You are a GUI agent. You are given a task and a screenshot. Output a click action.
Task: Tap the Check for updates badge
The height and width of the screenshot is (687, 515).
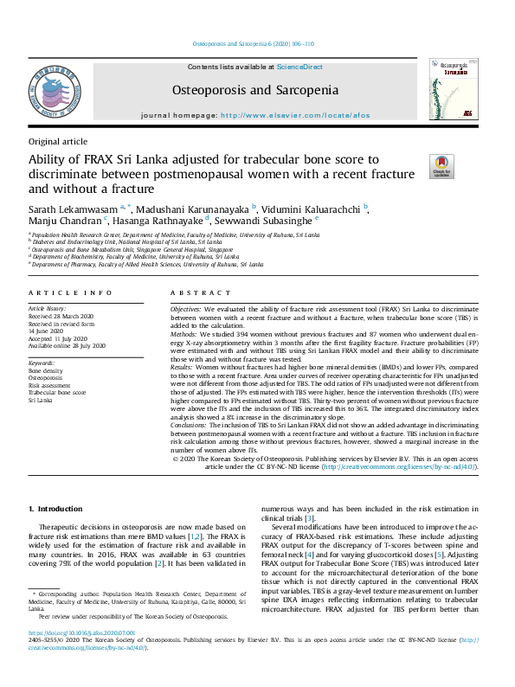(442, 166)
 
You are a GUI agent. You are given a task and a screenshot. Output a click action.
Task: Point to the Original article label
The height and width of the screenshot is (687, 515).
(58, 141)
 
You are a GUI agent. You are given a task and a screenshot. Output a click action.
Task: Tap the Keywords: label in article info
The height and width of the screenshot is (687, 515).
(42, 363)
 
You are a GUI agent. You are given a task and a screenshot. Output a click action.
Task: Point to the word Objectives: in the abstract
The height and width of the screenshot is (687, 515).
(185, 309)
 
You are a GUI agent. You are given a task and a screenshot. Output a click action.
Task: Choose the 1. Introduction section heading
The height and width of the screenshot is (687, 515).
(56, 509)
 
